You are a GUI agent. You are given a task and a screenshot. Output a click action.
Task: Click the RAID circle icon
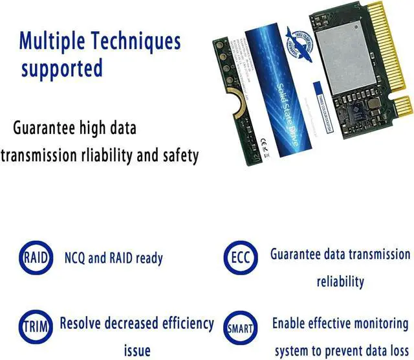(x=35, y=258)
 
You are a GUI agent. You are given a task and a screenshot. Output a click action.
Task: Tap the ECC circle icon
(x=237, y=258)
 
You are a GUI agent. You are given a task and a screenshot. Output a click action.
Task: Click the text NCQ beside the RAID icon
(x=74, y=258)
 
